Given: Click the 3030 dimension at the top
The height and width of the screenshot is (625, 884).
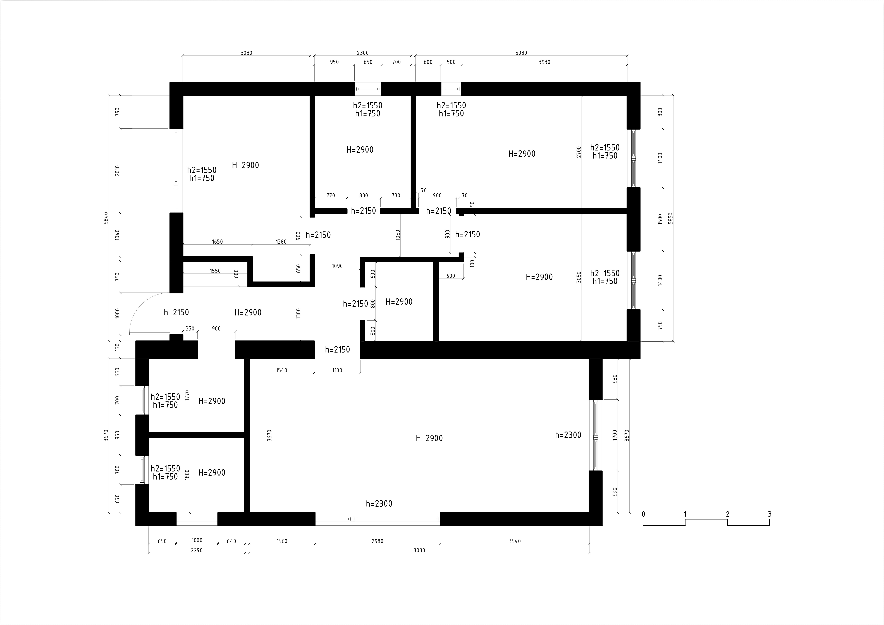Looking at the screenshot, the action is (x=246, y=53).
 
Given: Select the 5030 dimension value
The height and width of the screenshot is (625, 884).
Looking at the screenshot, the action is (x=521, y=53).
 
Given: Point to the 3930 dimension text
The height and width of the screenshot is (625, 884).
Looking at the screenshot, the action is (x=544, y=62).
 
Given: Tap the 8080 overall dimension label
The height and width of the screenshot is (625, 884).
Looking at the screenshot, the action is (x=419, y=550).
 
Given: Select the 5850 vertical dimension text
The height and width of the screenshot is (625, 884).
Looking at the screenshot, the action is (x=671, y=218).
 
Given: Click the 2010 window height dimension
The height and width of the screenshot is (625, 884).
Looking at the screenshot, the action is (x=117, y=171).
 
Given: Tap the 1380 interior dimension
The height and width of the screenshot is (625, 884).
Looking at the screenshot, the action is (x=281, y=242).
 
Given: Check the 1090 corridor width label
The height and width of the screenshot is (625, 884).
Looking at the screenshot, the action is (x=337, y=266).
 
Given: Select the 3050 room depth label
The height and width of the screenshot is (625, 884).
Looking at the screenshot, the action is (x=579, y=277).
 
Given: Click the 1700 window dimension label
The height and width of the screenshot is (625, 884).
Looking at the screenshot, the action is (x=615, y=435).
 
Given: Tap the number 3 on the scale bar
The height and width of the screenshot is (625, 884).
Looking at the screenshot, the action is (x=770, y=514).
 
